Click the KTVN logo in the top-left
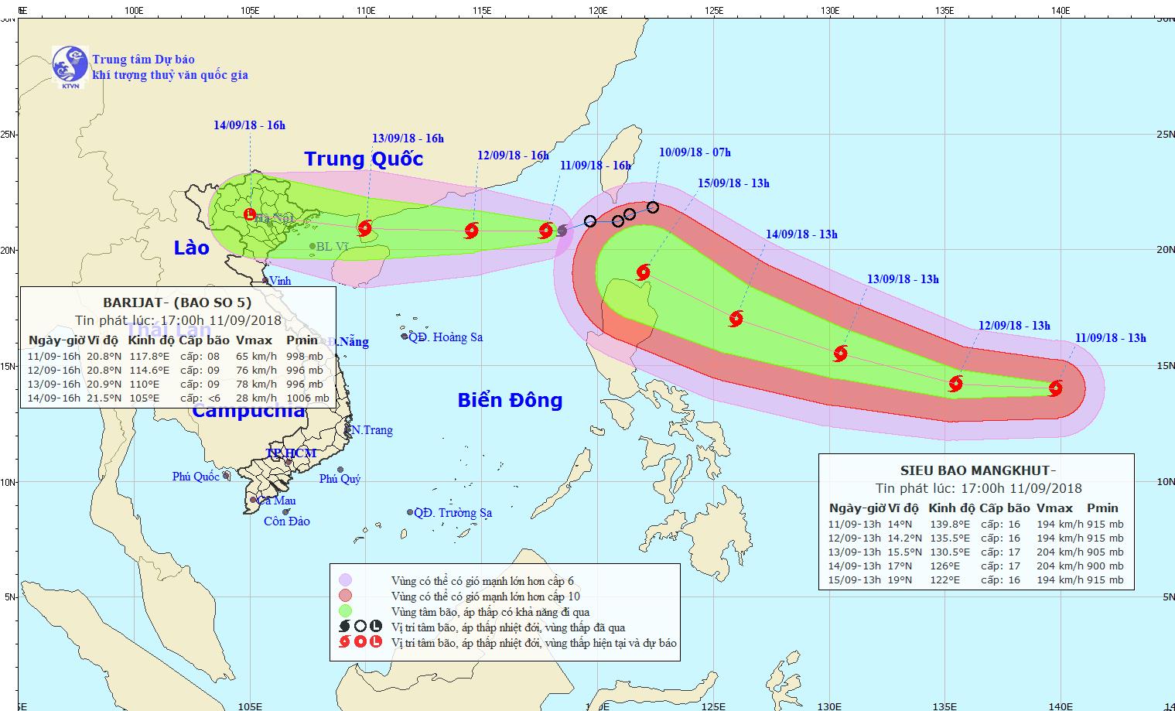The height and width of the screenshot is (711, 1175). click(x=70, y=63)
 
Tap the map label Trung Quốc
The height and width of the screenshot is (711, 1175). click(x=364, y=159)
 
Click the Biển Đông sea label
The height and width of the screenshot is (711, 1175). click(x=510, y=400)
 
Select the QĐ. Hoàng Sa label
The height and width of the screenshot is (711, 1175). click(x=446, y=337)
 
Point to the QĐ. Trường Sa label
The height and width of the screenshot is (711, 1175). click(x=453, y=513)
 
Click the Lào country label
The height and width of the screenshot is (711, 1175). click(x=191, y=248)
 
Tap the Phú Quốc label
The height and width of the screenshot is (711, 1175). click(x=196, y=477)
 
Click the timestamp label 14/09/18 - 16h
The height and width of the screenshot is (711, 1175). click(x=250, y=125)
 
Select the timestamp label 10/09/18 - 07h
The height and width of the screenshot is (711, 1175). click(x=695, y=152)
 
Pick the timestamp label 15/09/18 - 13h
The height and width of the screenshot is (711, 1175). click(x=733, y=183)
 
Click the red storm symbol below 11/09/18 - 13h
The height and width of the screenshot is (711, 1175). click(x=1055, y=388)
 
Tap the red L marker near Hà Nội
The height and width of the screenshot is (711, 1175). click(x=249, y=214)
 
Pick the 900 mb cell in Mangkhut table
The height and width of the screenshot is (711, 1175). click(x=1105, y=566)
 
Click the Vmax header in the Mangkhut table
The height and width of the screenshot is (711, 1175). click(x=1054, y=508)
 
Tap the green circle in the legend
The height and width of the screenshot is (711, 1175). click(x=346, y=611)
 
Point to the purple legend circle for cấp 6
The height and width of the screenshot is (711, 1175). click(x=346, y=580)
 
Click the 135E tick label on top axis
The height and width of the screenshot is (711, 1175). click(x=944, y=11)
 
